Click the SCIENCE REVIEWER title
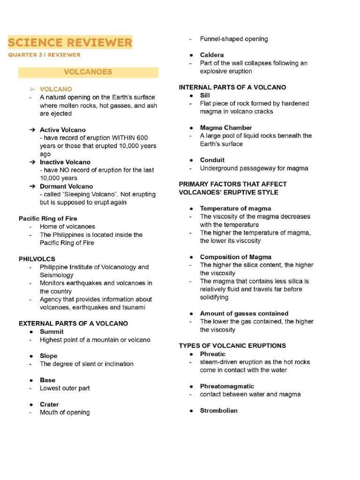70,43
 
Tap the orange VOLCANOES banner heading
88,72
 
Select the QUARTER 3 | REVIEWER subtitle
44,55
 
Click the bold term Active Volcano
62,130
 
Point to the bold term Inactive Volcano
65,162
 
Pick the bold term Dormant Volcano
66,187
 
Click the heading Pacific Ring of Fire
48,218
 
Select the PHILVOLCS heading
37,259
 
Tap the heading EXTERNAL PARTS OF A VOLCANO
73,323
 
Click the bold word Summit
52,332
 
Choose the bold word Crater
49,405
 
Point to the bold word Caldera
212,55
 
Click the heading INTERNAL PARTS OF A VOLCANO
232,87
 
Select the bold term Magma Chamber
226,127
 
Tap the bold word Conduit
212,160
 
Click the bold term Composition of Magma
235,257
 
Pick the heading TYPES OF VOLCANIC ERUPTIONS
232,345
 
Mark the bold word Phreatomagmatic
227,386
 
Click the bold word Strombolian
218,411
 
